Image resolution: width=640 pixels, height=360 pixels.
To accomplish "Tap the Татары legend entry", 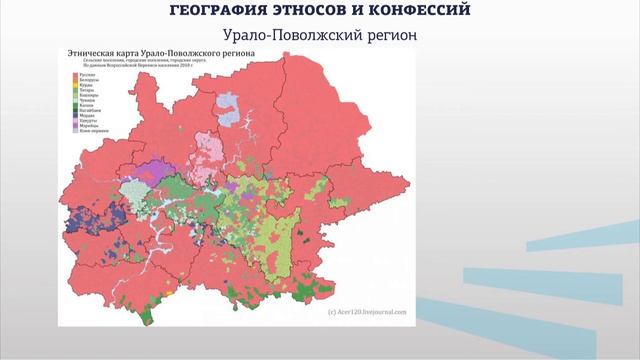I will (x=83, y=92).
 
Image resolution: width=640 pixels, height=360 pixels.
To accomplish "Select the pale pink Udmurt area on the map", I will (x=212, y=149).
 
